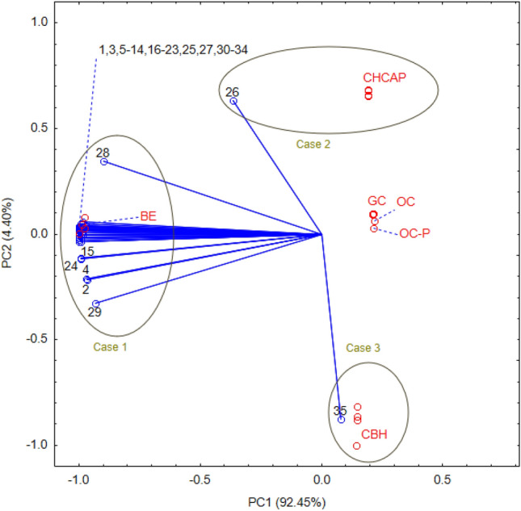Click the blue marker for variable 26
pos(233,101)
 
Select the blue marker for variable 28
pos(103,162)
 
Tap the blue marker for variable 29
pos(95,304)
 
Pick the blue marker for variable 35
pos(342,420)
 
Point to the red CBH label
pos(374,434)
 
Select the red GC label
pos(376,200)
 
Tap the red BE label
pos(148,216)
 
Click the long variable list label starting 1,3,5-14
pos(173,49)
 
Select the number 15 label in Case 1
pos(88,252)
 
